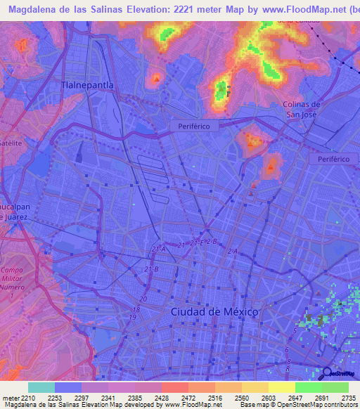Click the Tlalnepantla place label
pyautogui.click(x=88, y=84)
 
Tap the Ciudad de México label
pyautogui.click(x=215, y=311)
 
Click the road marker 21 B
pyautogui.click(x=151, y=269)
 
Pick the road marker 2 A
pyautogui.click(x=233, y=251)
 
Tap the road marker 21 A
pyautogui.click(x=158, y=249)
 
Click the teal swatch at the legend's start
pyautogui.click(x=41, y=387)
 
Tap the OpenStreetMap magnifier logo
pyautogui.click(x=326, y=372)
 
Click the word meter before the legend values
pyautogui.click(x=11, y=397)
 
